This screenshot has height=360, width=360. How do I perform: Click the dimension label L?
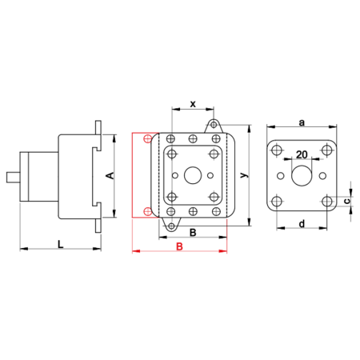[x=61, y=244]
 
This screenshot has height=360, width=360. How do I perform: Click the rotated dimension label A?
[x=110, y=176]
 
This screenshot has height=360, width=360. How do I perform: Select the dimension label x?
[x=193, y=104]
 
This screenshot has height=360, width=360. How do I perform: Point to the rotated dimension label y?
[x=244, y=175]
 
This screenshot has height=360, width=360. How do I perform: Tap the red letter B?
[x=179, y=246]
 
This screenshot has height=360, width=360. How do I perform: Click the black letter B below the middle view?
[x=193, y=233]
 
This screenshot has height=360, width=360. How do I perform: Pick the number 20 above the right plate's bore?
[x=302, y=154]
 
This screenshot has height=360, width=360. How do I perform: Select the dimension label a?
[x=302, y=122]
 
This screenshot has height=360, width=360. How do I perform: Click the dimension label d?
[x=302, y=224]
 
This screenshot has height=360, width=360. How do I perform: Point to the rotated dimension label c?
[x=347, y=201]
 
